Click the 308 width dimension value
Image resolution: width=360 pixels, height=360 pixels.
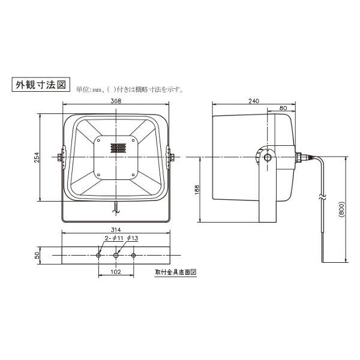tap(116, 101)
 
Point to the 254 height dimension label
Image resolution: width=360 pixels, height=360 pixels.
tap(37, 157)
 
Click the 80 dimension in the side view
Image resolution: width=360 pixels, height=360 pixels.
tap(282, 109)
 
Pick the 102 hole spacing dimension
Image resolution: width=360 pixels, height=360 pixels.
tap(116, 271)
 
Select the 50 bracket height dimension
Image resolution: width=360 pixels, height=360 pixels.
tap(37, 255)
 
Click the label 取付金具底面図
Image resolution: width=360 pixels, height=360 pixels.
tap(176, 272)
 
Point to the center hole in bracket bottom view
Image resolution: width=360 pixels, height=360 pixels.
tap(116, 255)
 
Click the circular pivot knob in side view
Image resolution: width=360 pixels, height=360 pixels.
tap(266, 158)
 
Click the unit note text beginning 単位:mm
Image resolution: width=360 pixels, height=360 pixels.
tap(129, 90)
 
